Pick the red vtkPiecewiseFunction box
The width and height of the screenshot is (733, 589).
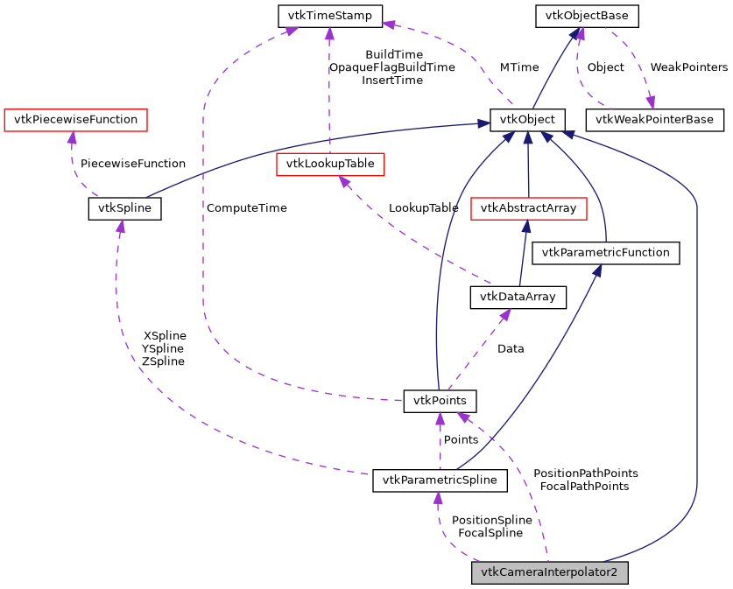[x=75, y=119]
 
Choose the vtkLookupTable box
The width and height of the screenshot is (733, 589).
[x=330, y=164]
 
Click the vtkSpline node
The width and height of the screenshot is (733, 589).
[x=124, y=208]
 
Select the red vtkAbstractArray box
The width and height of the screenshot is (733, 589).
[x=528, y=208]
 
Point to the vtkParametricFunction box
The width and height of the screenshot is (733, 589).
[x=606, y=253]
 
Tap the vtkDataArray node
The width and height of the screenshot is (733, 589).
[x=518, y=298]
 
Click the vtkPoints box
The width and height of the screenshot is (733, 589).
[x=440, y=401]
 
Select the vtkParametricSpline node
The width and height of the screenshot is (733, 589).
[x=440, y=480]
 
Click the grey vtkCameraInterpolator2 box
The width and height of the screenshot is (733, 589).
[x=550, y=573]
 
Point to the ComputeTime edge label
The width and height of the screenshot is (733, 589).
[x=247, y=208]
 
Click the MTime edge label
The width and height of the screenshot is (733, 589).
[x=519, y=67]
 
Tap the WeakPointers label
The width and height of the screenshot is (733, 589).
[x=688, y=67]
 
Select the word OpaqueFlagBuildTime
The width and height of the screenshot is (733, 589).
[x=391, y=67]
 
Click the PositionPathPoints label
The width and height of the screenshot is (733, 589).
[x=585, y=473]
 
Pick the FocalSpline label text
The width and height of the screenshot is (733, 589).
[x=490, y=532]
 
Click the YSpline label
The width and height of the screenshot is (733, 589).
[x=163, y=348]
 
